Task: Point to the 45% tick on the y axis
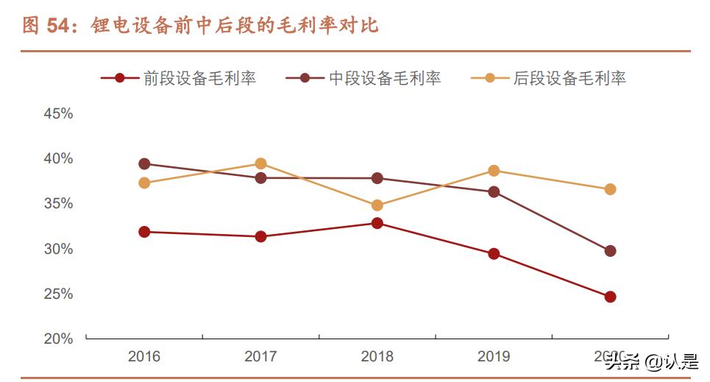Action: coord(58,113)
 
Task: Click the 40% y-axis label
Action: coord(58,158)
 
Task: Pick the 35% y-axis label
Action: coord(58,203)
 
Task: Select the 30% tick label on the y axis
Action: coord(58,249)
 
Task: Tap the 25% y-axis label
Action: coord(58,294)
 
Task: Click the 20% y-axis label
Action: coord(58,339)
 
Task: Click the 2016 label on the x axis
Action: coord(144,357)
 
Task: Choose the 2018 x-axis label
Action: coord(377,357)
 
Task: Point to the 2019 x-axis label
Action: coord(494,357)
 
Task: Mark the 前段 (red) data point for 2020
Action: coord(610,297)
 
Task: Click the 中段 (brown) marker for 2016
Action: coord(144,164)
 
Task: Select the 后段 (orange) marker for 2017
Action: coord(260,163)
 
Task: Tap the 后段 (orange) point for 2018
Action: coord(377,205)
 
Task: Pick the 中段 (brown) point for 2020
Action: coord(610,251)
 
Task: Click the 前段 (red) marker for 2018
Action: coord(377,223)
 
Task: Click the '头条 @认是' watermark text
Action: coord(651,361)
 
